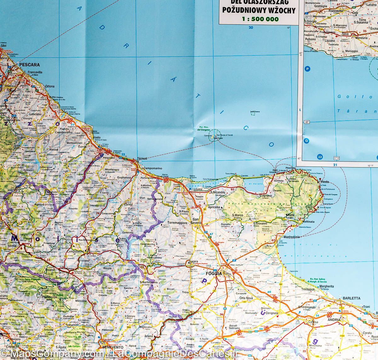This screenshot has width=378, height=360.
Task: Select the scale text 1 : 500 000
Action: [x=260, y=19]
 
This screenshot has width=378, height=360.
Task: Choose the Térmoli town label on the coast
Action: [x=139, y=159]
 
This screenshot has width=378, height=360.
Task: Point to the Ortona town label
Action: [x=49, y=86]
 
